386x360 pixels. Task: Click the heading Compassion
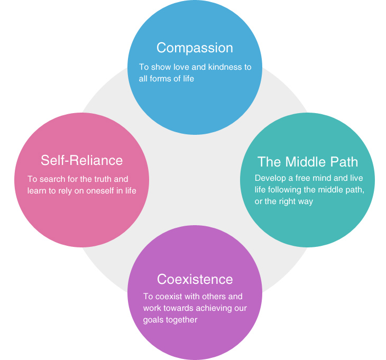click(x=195, y=48)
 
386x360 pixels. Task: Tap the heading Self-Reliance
click(x=81, y=160)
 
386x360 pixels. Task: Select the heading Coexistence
click(x=195, y=279)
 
